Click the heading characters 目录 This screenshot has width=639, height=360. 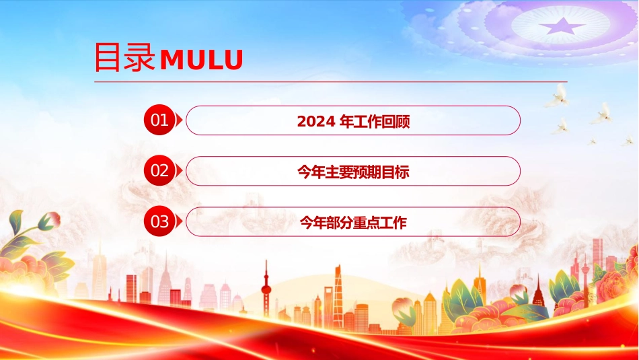[124, 57]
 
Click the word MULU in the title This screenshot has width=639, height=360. [201, 60]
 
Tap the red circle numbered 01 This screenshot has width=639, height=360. [159, 120]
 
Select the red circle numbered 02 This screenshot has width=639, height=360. [159, 170]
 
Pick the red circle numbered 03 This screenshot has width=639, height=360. [159, 221]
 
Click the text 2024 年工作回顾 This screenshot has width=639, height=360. [353, 121]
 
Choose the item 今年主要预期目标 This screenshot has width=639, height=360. [353, 172]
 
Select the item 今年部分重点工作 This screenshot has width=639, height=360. [353, 222]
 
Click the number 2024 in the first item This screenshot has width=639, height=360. [316, 121]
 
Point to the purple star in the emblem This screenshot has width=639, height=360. [563, 26]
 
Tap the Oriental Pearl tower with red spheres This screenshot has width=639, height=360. [266, 289]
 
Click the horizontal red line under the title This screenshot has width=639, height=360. [330, 81]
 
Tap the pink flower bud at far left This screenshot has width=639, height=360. [50, 221]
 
